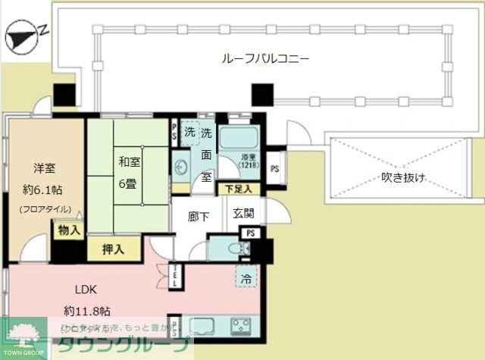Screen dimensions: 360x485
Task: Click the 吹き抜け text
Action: [x=402, y=178]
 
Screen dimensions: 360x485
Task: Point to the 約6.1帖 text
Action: [x=44, y=189]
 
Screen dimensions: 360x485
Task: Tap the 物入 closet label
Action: [x=68, y=230]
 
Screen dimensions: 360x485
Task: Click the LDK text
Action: [x=85, y=290]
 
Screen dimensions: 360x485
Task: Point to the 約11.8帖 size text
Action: [x=87, y=311]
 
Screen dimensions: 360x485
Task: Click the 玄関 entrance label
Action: [x=243, y=214]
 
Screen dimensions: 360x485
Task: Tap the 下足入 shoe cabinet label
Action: [x=239, y=188]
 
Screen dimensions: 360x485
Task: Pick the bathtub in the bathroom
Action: [x=239, y=139]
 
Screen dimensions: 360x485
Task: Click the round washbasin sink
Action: [x=181, y=166]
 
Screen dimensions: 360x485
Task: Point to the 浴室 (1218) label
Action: [x=249, y=161]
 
